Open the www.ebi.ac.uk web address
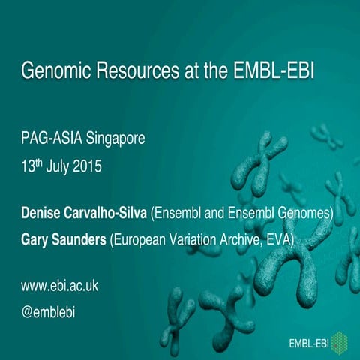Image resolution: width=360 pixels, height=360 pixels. click(x=59, y=286)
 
